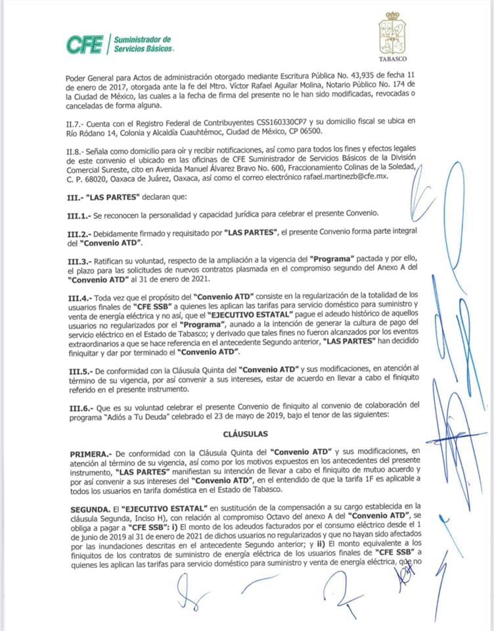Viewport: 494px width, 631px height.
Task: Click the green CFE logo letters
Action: (84, 45)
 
